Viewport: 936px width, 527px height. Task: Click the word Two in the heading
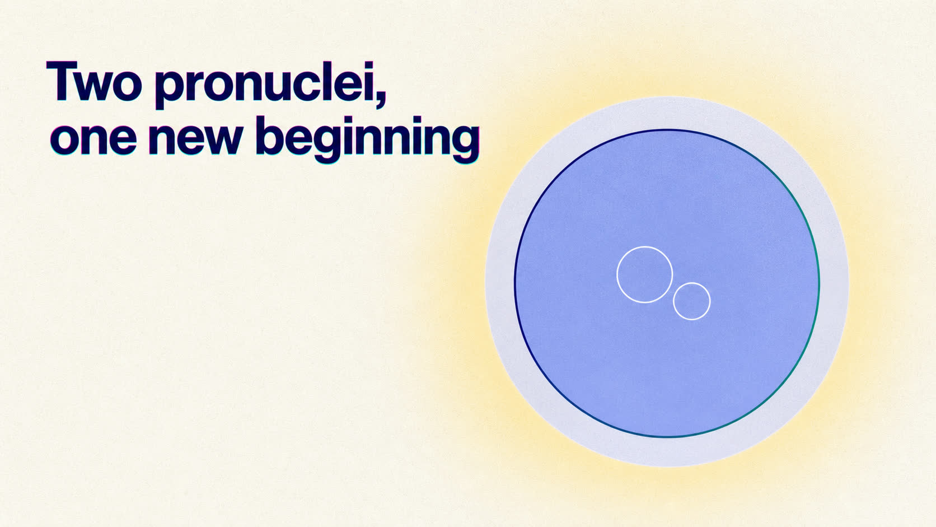93,81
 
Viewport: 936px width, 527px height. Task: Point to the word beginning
367,139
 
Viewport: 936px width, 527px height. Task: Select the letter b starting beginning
270,136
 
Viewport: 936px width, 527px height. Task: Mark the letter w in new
222,139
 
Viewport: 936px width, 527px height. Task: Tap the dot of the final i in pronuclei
368,66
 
